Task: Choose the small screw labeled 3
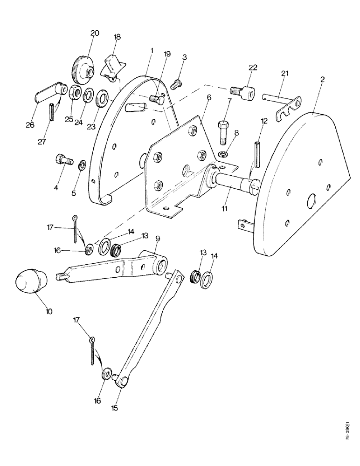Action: [176, 84]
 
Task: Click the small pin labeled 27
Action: [51, 114]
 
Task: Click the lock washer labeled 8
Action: [223, 154]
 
